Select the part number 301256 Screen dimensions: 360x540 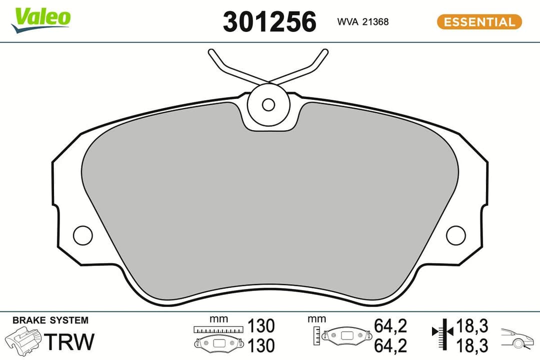coord(269,22)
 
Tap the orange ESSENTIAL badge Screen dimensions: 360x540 coord(479,22)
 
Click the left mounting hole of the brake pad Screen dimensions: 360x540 coord(82,235)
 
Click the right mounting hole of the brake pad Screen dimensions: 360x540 coord(455,235)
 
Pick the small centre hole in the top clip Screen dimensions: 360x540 coord(268,104)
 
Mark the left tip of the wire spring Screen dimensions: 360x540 coord(210,51)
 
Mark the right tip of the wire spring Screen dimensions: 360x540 coord(325,51)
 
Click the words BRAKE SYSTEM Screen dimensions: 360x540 coord(50,320)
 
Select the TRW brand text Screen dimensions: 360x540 coord(69,341)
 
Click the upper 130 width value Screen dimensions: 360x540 coord(261,326)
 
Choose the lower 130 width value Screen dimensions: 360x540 coord(261,345)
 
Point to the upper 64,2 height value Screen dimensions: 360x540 coord(390,326)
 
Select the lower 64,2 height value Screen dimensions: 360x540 coord(390,345)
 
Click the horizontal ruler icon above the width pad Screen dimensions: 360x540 coord(218,330)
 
